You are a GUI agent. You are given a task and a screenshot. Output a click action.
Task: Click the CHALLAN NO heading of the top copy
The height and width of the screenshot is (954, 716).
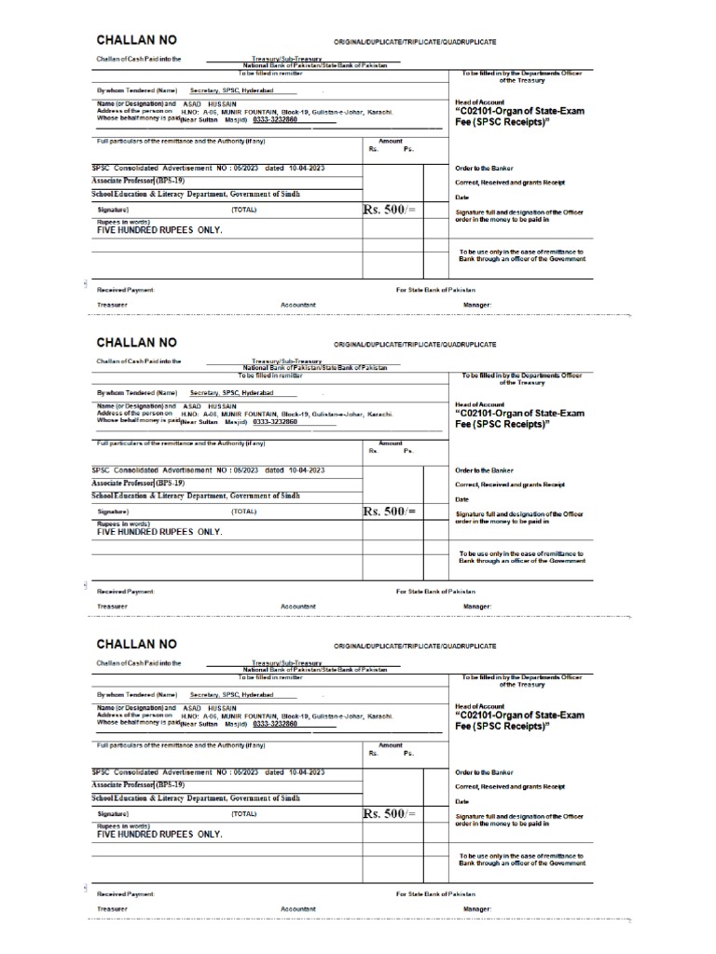coord(136,42)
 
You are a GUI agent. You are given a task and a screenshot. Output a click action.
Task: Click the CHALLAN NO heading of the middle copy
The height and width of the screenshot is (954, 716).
coord(136,343)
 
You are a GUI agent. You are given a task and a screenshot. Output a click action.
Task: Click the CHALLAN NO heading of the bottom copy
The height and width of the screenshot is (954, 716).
coord(136,644)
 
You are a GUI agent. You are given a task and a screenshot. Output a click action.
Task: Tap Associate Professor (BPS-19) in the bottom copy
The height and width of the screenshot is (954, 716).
coord(138,785)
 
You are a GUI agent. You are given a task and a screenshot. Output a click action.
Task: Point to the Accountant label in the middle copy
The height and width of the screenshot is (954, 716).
coord(298,606)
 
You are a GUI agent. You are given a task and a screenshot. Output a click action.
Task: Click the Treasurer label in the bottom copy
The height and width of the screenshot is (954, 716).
coord(112,907)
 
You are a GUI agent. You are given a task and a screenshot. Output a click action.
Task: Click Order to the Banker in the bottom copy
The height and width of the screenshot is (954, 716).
coord(485,771)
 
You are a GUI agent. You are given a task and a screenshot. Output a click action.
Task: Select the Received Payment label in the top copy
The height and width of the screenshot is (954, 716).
coord(126,290)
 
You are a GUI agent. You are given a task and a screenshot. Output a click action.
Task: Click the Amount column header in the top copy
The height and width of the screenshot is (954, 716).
coord(390,142)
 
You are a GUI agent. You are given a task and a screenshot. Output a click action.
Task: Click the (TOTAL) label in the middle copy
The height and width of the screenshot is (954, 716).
coord(244,511)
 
